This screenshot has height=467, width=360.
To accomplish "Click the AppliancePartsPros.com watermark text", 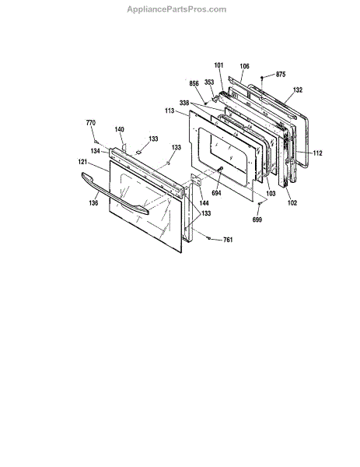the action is pyautogui.click(x=177, y=9).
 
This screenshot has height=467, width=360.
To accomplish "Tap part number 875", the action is pyautogui.click(x=281, y=75).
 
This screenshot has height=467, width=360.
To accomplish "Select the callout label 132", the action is pyautogui.click(x=298, y=90).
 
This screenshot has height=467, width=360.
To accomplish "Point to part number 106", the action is pyautogui.click(x=244, y=66).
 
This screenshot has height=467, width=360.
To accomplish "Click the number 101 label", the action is pyautogui.click(x=218, y=65).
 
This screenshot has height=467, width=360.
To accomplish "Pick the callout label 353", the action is pyautogui.click(x=209, y=83).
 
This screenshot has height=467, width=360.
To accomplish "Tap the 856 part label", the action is pyautogui.click(x=194, y=83).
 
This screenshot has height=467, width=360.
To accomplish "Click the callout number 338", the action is pyautogui.click(x=184, y=103).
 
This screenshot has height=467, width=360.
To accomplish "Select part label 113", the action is pyautogui.click(x=170, y=111).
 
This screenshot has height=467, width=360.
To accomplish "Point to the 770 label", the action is pyautogui.click(x=91, y=123).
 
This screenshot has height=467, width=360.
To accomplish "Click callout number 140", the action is pyautogui.click(x=119, y=129).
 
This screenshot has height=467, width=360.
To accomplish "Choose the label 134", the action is pyautogui.click(x=95, y=151).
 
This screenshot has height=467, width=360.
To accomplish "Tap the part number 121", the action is pyautogui.click(x=82, y=162).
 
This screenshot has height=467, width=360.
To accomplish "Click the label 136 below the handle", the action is pyautogui.click(x=93, y=203).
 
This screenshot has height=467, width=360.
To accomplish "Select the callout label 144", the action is pyautogui.click(x=204, y=203).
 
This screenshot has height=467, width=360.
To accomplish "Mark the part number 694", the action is pyautogui.click(x=216, y=193).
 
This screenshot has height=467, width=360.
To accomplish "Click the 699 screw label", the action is pyautogui.click(x=257, y=219).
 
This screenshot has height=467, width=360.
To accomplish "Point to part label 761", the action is pyautogui.click(x=228, y=240).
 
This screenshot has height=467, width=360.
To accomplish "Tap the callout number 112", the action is pyautogui.click(x=317, y=153).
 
